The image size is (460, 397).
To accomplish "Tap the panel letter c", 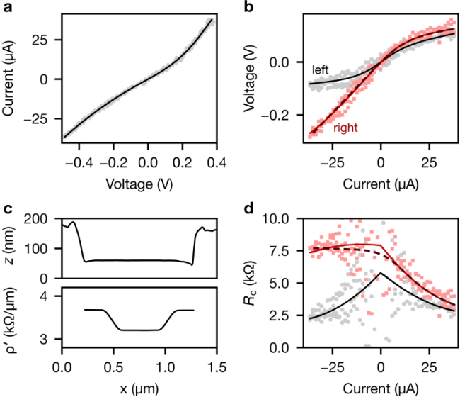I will click(x=6, y=209).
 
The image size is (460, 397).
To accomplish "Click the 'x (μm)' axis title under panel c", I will click(x=139, y=387).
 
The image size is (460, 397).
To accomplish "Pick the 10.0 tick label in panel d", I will click(x=289, y=218).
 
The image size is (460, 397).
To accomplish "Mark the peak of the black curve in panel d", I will click(x=381, y=273).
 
